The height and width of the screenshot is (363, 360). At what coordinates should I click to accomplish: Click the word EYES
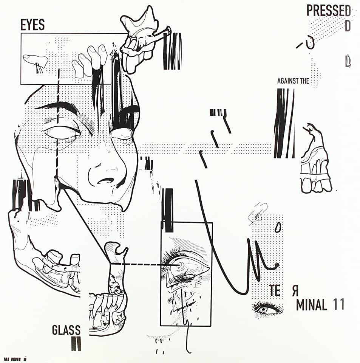32,25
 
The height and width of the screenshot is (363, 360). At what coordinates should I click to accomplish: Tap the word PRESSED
328,11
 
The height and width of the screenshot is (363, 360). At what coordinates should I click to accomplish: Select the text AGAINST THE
293,81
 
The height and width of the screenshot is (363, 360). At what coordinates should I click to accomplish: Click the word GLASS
66,330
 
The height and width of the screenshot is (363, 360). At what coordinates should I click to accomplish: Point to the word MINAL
311,305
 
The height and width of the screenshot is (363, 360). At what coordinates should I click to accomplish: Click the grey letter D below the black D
348,62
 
